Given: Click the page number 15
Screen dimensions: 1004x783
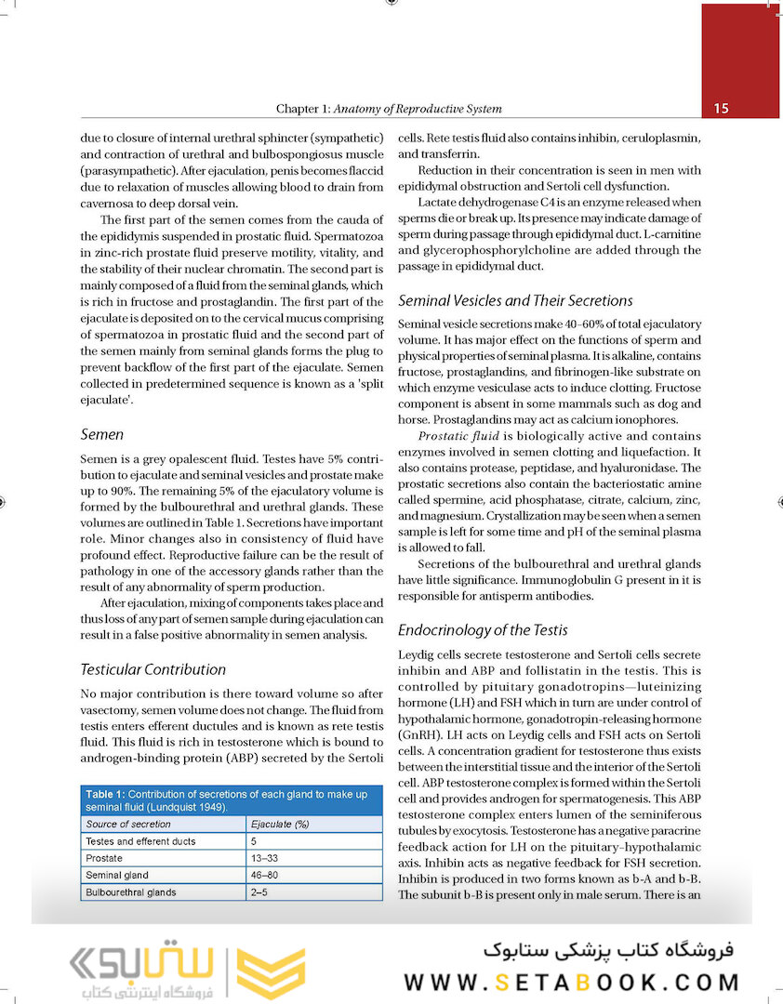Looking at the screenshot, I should pyautogui.click(x=721, y=109).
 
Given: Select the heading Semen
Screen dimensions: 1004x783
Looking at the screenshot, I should pyautogui.click(x=101, y=434).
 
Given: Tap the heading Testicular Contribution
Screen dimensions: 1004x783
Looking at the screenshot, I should pyautogui.click(x=153, y=669).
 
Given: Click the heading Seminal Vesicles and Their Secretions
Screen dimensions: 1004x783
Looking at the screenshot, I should pyautogui.click(x=515, y=300).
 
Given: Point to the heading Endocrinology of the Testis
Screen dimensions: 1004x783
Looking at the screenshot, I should pyautogui.click(x=483, y=629).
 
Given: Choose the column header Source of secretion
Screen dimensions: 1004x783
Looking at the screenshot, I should pyautogui.click(x=128, y=825).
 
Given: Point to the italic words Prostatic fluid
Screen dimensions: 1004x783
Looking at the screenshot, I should pyautogui.click(x=458, y=436).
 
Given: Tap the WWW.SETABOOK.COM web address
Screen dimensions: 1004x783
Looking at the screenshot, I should pyautogui.click(x=572, y=982).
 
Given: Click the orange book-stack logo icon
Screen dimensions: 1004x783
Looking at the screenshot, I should pyautogui.click(x=271, y=972).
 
